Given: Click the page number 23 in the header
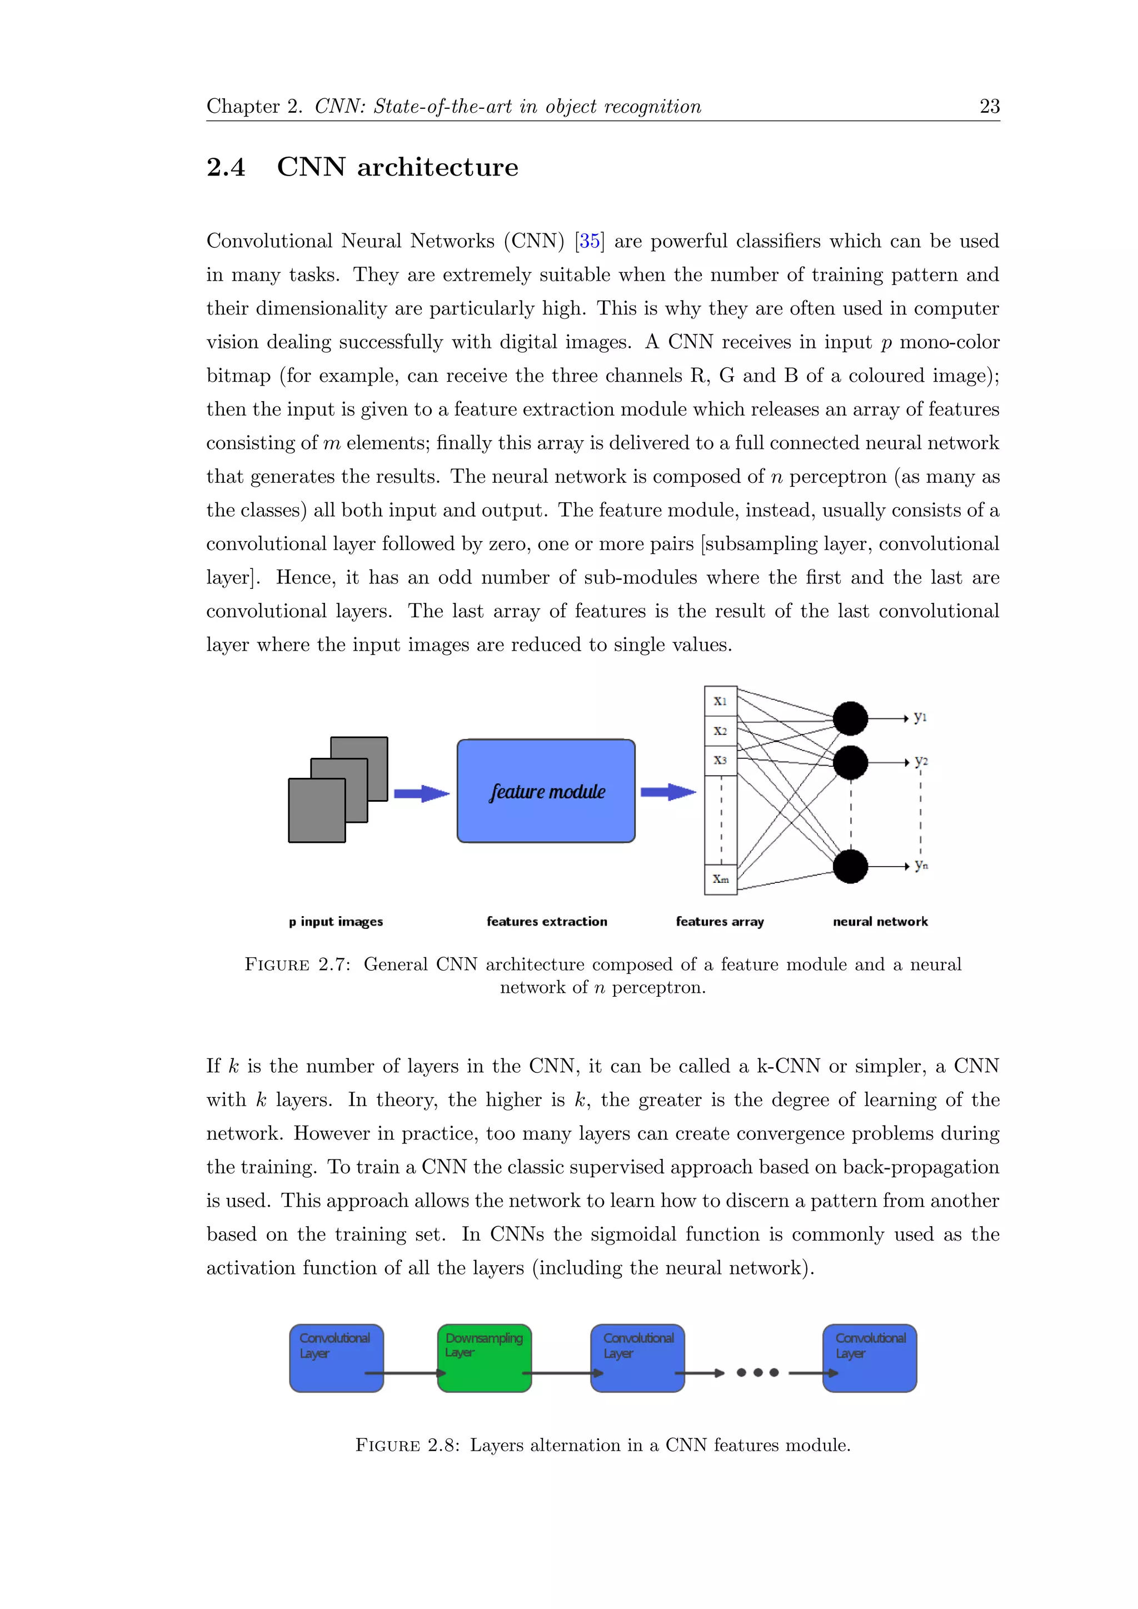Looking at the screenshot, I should click(x=989, y=107).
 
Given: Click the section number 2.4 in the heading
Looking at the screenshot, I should click(x=226, y=167).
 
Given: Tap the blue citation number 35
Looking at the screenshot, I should click(x=590, y=241).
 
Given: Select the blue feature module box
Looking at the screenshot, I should click(x=546, y=791).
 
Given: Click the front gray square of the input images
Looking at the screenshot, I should click(x=317, y=810).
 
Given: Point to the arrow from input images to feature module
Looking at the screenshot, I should click(x=421, y=793).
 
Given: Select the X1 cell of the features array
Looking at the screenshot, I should click(x=720, y=701).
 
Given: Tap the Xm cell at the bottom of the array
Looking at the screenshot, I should click(x=720, y=879).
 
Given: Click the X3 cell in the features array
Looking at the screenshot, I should click(x=720, y=761).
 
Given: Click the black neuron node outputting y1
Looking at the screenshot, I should click(x=850, y=718).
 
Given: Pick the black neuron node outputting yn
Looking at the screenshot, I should click(x=850, y=866).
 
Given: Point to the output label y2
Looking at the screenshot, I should click(x=921, y=761).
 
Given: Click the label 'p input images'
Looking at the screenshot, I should click(x=336, y=922).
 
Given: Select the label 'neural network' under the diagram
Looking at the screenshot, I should click(x=880, y=922).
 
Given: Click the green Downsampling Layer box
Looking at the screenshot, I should click(x=484, y=1357).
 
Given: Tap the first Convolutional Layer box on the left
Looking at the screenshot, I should click(x=336, y=1357).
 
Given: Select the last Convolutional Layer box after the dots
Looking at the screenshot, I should click(x=869, y=1357).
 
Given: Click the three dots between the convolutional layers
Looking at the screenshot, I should click(x=757, y=1372).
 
